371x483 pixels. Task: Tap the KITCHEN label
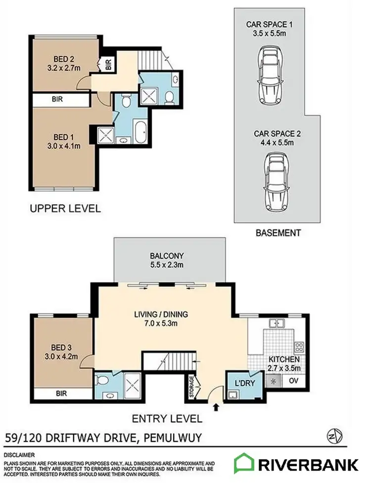(x=283, y=359)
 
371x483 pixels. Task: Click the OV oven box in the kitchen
(x=293, y=381)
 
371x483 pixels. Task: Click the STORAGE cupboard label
(x=192, y=387)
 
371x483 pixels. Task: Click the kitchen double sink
(x=276, y=324)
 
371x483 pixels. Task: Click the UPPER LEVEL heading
(x=65, y=208)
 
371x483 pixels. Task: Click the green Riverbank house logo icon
(x=244, y=464)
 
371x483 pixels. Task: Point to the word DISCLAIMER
(x=19, y=453)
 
